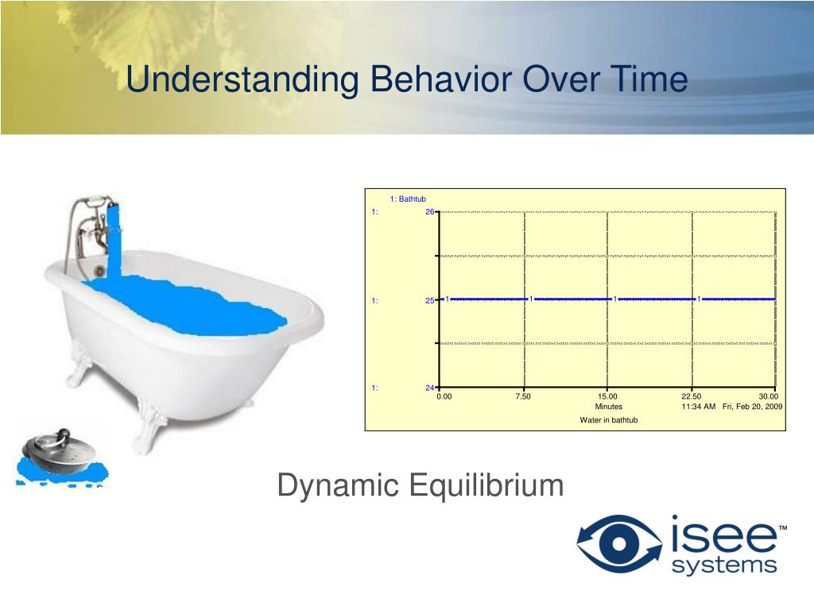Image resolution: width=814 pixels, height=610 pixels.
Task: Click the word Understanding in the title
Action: pyautogui.click(x=242, y=80)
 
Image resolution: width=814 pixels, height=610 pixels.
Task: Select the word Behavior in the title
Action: pyautogui.click(x=440, y=79)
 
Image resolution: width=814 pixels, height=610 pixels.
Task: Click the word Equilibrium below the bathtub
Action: pyautogui.click(x=486, y=486)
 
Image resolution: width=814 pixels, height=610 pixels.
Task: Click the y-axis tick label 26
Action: pyautogui.click(x=430, y=211)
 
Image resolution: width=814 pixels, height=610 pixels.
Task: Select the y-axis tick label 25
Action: pyautogui.click(x=430, y=300)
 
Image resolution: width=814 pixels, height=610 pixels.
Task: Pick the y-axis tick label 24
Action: pyautogui.click(x=430, y=388)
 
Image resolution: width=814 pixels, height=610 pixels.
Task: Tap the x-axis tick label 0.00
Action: pyautogui.click(x=444, y=396)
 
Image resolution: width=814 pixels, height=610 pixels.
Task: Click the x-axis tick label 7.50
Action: pyautogui.click(x=523, y=396)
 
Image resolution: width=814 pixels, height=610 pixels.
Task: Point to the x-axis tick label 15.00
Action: pyautogui.click(x=607, y=396)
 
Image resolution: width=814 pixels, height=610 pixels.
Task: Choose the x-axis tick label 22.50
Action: pyautogui.click(x=691, y=396)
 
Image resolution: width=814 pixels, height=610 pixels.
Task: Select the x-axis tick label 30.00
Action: pyautogui.click(x=769, y=396)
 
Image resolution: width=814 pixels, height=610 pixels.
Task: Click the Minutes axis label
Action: pyautogui.click(x=608, y=407)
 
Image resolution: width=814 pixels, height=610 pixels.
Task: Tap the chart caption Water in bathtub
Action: pyautogui.click(x=608, y=420)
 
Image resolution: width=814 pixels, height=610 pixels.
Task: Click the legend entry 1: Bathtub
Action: pyautogui.click(x=408, y=199)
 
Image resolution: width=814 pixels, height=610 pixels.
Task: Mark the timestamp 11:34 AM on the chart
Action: pyautogui.click(x=699, y=407)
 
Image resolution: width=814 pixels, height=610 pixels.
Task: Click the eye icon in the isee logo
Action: pyautogui.click(x=619, y=543)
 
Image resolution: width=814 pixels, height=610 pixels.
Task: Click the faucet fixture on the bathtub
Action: pyautogui.click(x=94, y=223)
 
